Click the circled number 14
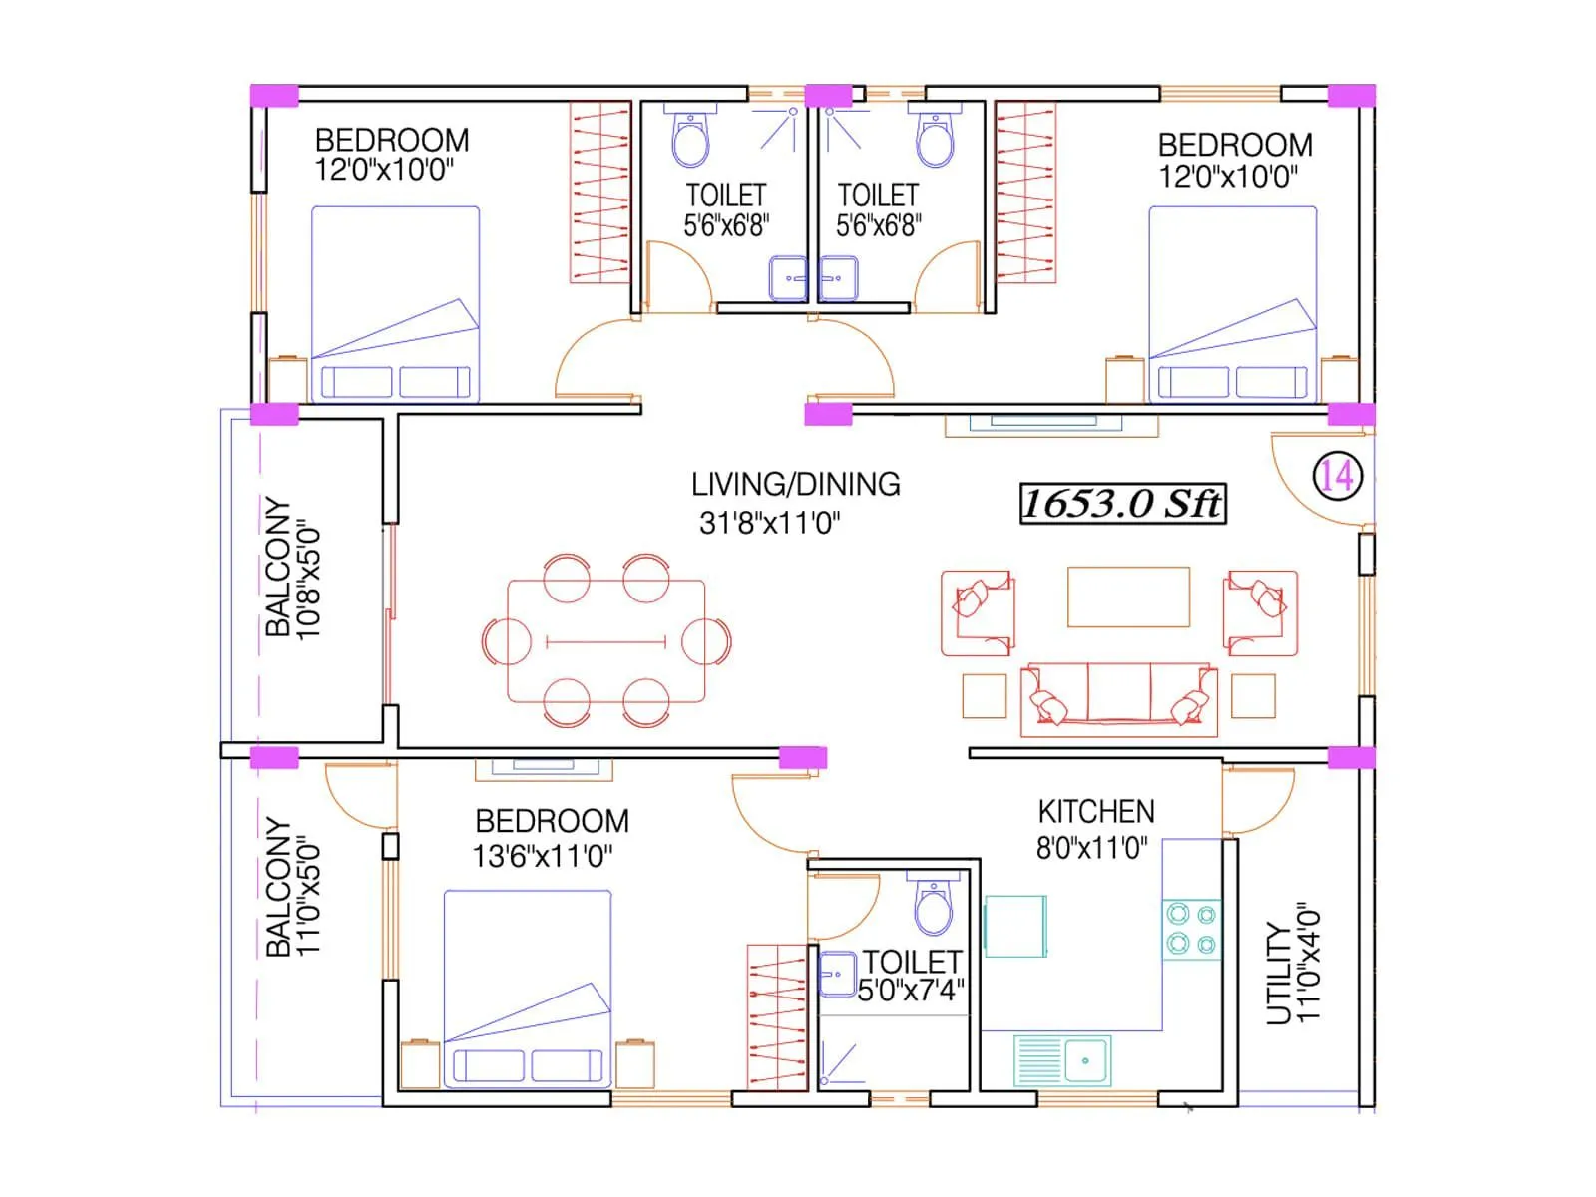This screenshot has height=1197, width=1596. [1337, 476]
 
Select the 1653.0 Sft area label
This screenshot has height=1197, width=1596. [1122, 503]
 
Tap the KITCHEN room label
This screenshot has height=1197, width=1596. [1096, 811]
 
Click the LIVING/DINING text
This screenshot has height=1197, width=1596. [795, 485]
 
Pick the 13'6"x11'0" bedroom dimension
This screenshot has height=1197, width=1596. [542, 856]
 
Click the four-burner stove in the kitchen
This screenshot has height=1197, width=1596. [1192, 929]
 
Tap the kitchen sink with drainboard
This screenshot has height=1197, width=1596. [1062, 1059]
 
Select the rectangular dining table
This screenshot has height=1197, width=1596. [605, 641]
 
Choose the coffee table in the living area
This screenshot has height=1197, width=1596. [1128, 597]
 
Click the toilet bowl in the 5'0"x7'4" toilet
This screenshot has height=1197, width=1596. [934, 906]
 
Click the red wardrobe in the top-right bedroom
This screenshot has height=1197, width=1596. [1025, 193]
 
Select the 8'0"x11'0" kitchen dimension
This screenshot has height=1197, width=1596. [1091, 848]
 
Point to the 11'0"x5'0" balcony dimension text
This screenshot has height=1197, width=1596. [308, 896]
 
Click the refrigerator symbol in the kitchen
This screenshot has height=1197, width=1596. [1015, 926]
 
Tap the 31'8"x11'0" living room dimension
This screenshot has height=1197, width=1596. [769, 523]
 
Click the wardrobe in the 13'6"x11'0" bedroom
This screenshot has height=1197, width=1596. [777, 1016]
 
